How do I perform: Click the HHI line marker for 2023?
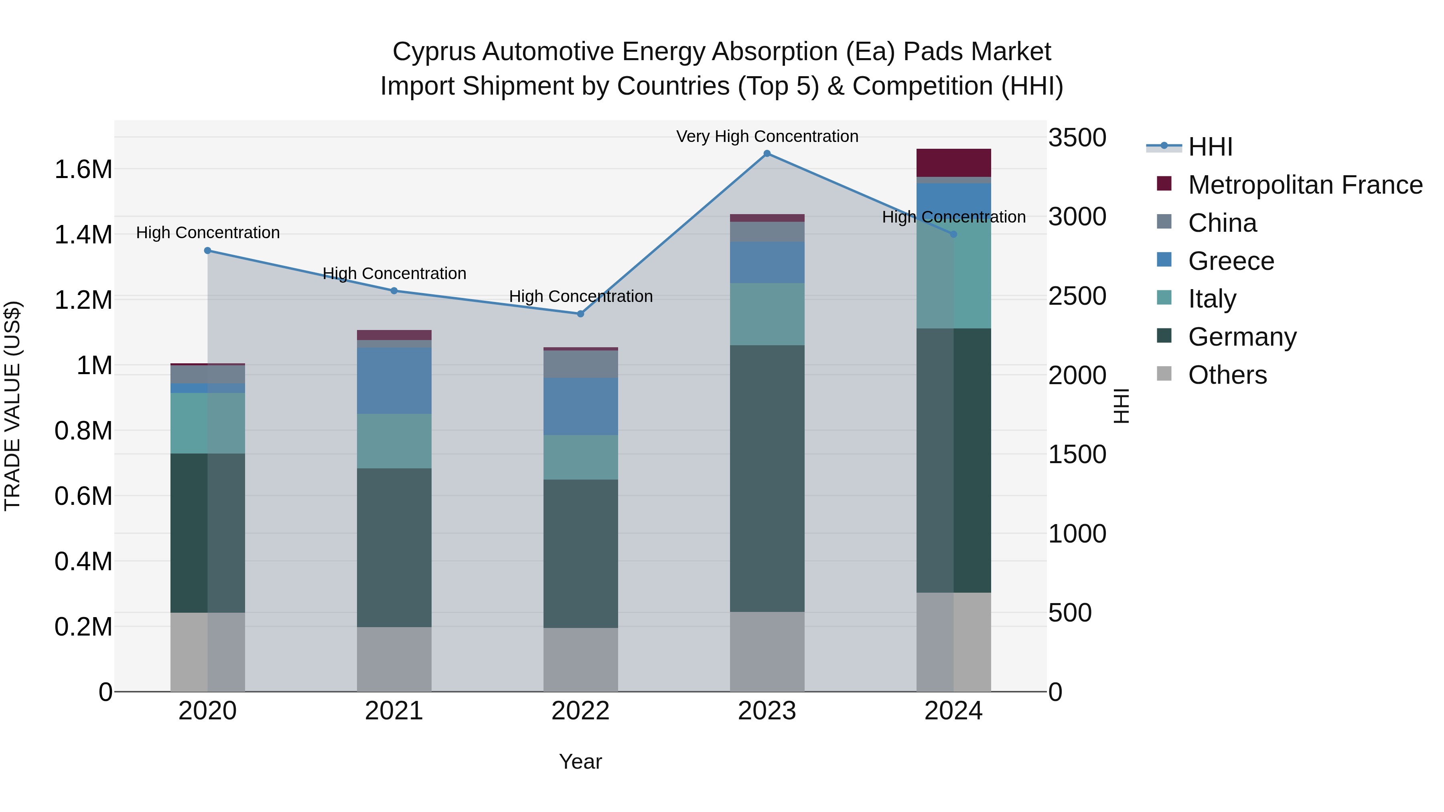[x=767, y=154]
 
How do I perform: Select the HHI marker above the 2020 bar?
[x=207, y=251]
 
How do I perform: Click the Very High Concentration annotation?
[x=767, y=136]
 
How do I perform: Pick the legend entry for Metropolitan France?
[x=1305, y=185]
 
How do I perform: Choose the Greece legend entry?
[x=1231, y=261]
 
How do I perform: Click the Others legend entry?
[x=1227, y=375]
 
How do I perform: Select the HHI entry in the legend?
[x=1210, y=147]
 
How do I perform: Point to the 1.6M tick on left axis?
[x=83, y=169]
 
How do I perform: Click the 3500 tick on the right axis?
[x=1077, y=138]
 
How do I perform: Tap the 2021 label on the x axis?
[x=393, y=711]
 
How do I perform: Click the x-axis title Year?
[x=580, y=761]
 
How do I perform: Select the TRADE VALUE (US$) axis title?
[x=12, y=406]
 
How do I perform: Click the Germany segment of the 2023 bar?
[x=767, y=478]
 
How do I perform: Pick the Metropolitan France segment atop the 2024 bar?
[x=953, y=163]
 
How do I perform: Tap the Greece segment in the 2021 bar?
[x=393, y=381]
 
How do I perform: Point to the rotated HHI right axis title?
[x=1121, y=406]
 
